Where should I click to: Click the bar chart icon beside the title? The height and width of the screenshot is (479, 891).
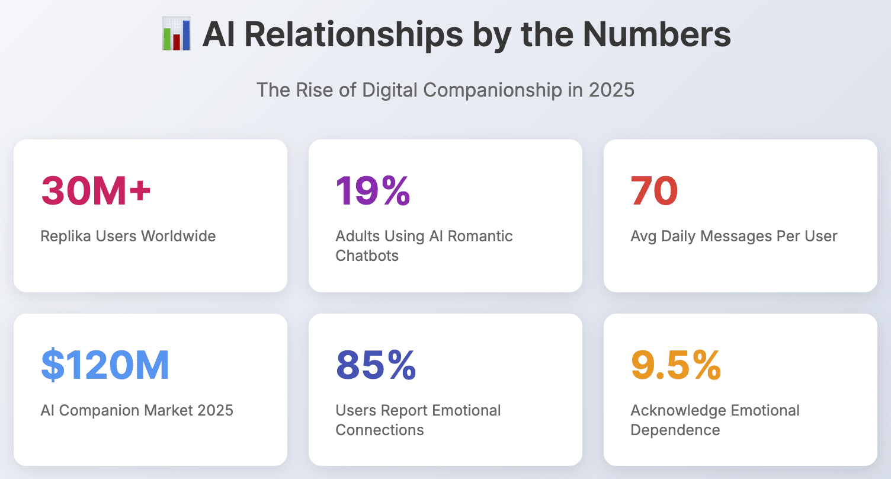pos(176,35)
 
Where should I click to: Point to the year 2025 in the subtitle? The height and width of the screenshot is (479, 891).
pos(611,90)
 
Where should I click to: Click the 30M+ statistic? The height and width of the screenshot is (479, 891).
pos(96,191)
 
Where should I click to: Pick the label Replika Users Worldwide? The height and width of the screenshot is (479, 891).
pos(128,236)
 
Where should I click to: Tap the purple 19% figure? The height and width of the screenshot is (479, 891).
pos(373,191)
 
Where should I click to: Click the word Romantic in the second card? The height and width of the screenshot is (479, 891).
pos(480,236)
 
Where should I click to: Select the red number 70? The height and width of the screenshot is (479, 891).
pos(654,191)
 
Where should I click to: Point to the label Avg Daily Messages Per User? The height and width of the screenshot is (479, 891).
pos(734,236)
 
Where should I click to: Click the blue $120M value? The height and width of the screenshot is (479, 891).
pos(105,365)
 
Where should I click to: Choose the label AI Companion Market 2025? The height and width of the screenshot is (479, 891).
pos(137,410)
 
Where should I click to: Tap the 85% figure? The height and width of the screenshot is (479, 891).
pos(376,365)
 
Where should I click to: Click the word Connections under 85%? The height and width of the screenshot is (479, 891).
pos(380,430)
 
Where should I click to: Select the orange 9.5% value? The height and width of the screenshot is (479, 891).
pos(676,365)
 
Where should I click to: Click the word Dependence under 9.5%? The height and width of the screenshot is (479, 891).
pos(675,430)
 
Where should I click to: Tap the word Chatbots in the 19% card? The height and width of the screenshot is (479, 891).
pos(367,256)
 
